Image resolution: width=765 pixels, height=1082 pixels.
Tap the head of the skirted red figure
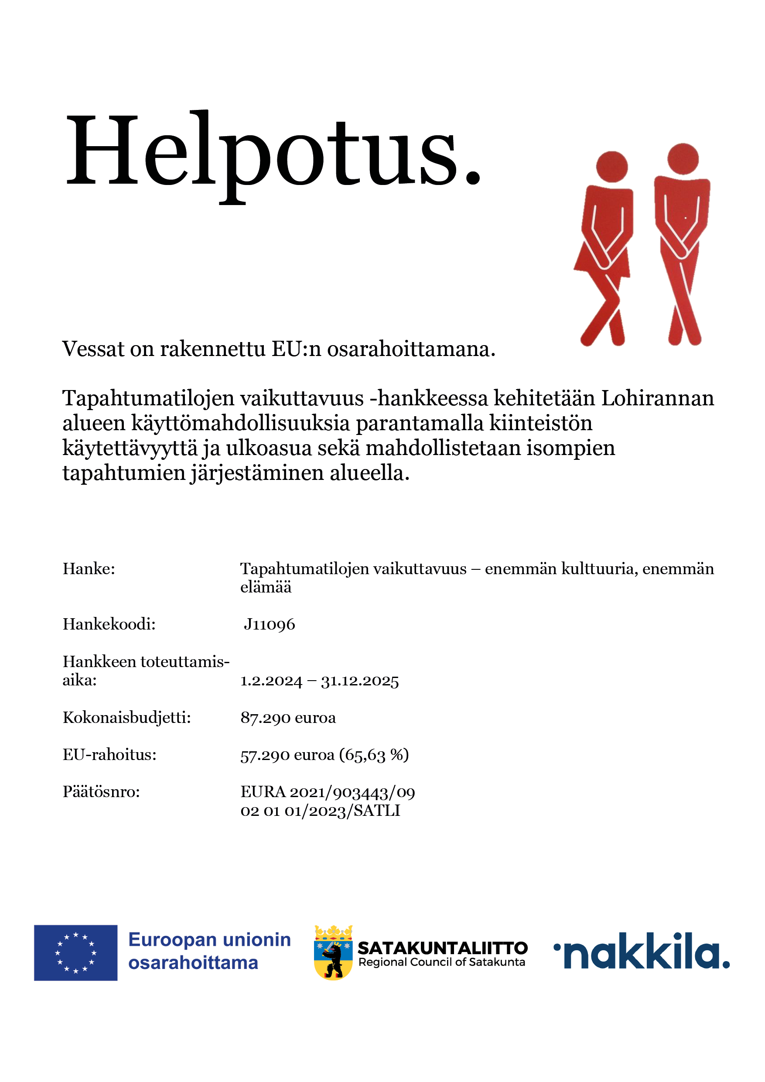pos(611,166)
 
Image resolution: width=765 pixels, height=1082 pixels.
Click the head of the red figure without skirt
pos(683,159)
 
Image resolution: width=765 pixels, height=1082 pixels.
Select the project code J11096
pos(270,624)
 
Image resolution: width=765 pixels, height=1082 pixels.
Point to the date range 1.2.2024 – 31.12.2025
pos(319,681)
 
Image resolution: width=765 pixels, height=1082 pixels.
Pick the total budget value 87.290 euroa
pos(288,718)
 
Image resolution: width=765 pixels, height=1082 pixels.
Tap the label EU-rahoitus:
pos(109,755)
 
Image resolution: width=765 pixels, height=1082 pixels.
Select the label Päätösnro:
pos(101,792)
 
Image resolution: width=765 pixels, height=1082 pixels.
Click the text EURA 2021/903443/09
pos(328,792)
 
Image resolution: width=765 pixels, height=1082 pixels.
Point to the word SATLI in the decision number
pos(377,811)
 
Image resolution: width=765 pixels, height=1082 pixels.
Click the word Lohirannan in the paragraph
pos(658,399)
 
